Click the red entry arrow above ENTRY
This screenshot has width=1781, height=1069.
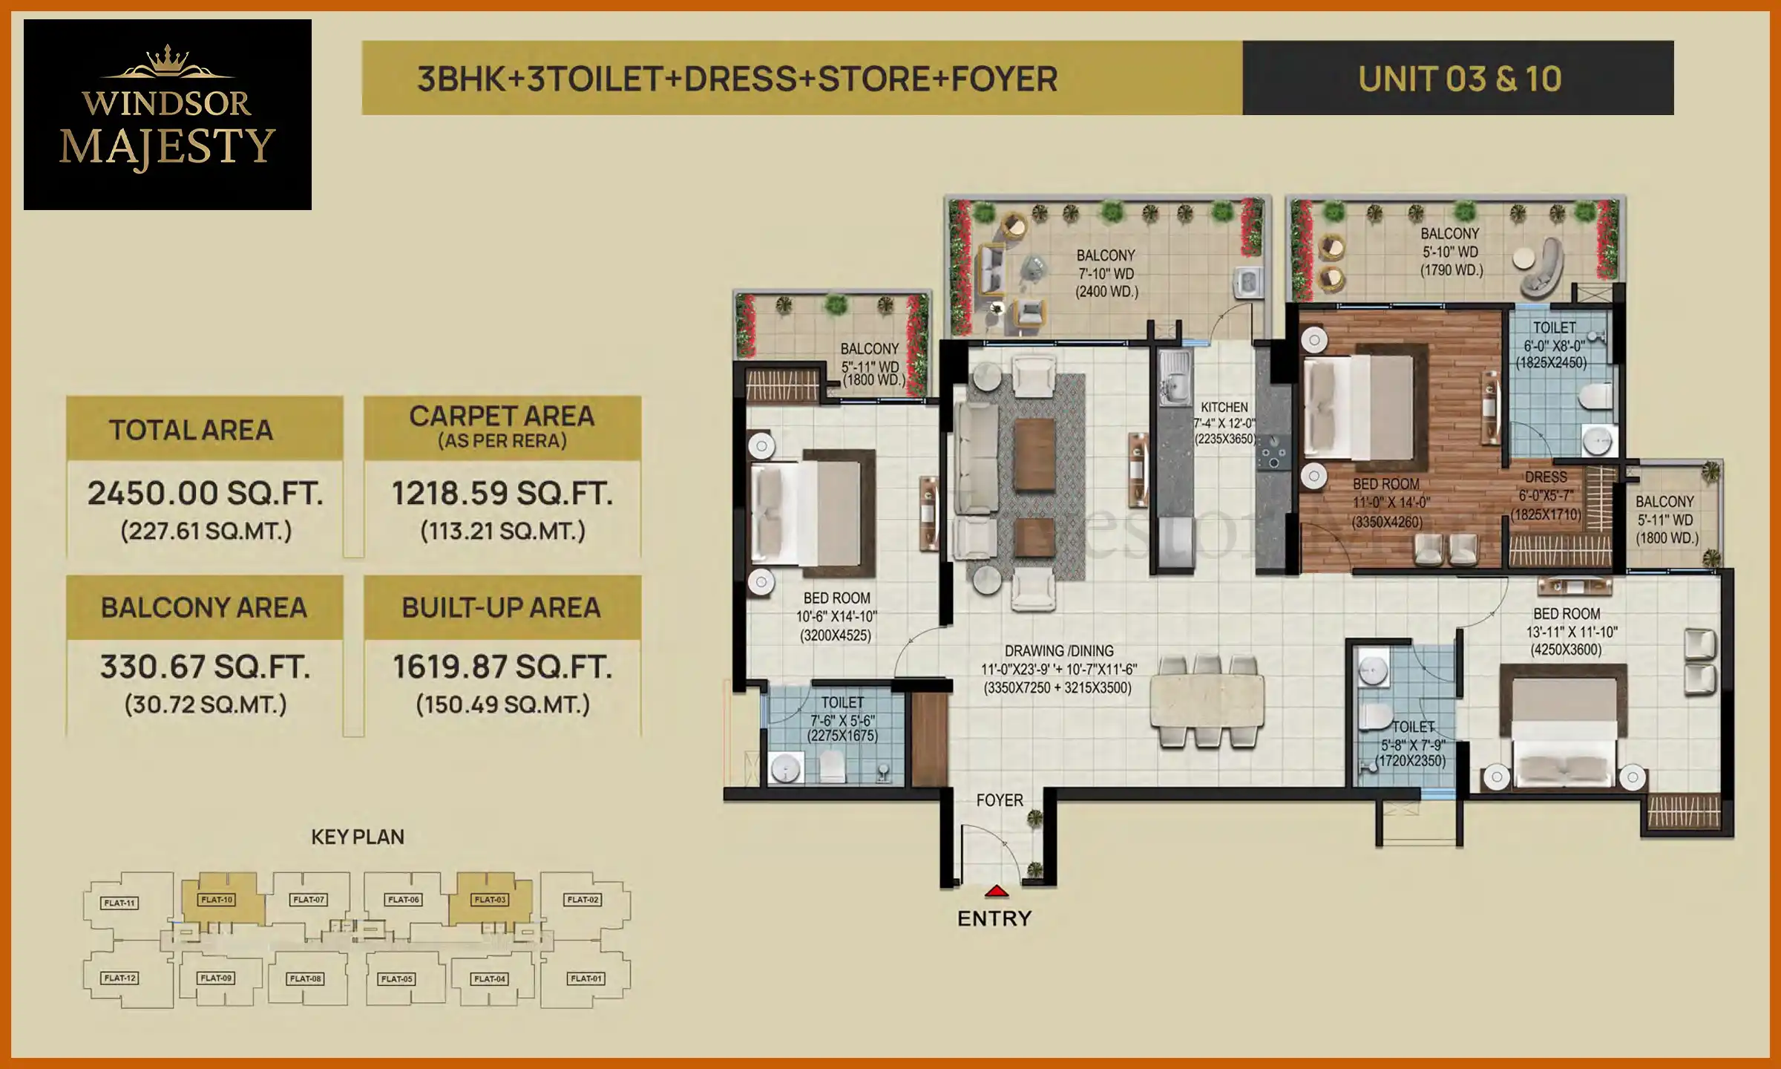996,891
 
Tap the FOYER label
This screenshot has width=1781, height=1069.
999,800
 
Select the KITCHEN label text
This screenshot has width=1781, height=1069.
1224,408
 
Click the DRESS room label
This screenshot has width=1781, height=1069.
1546,477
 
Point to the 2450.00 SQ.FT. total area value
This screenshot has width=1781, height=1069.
206,494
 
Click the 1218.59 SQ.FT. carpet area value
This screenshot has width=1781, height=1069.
502,494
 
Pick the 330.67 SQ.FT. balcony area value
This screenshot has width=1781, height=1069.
206,667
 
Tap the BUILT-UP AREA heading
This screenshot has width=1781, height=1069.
502,608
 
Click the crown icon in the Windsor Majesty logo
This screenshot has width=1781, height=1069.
167,61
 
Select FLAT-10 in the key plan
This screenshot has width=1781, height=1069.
217,900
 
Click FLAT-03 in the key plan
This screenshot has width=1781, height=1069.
490,900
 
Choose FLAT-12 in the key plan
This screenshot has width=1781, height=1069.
120,978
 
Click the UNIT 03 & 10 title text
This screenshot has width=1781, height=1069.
1459,79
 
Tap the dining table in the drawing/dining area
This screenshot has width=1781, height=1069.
1207,701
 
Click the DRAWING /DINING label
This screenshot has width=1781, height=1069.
1059,651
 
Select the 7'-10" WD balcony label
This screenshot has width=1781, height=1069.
1106,274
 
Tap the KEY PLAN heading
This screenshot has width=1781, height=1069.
358,837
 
